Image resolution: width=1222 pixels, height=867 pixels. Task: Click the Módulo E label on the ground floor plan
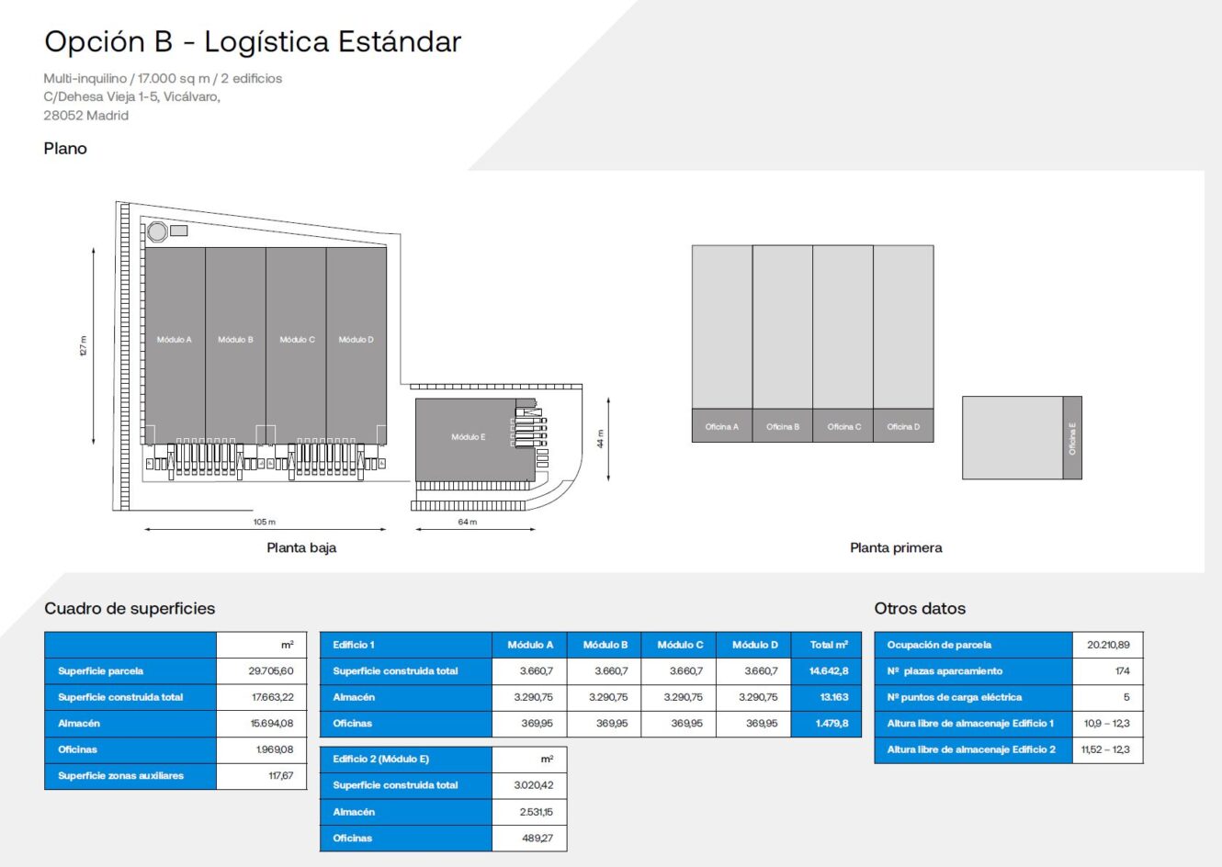point(468,437)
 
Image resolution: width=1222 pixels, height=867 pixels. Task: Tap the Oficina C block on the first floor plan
point(843,426)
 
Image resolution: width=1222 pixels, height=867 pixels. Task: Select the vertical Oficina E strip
point(1072,438)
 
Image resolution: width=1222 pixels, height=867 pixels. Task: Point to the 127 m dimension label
point(83,346)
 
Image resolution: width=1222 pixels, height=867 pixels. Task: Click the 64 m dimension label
point(468,522)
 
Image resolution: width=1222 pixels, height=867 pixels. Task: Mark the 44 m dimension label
point(600,439)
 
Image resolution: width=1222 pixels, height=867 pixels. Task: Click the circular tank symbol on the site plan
point(157,231)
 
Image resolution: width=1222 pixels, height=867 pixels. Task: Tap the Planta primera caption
point(896,547)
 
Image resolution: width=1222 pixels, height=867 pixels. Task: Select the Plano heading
point(65,149)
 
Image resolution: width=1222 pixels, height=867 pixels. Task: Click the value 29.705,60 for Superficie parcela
point(271,671)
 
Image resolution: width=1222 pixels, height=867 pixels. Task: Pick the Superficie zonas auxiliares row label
point(120,776)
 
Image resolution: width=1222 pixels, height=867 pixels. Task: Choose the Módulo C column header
point(680,645)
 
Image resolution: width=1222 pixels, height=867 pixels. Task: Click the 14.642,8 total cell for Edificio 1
point(828,671)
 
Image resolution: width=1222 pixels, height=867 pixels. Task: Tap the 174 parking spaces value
point(1122,671)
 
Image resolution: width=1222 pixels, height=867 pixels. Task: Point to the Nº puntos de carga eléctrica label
point(954,697)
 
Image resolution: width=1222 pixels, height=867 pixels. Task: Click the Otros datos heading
point(920,608)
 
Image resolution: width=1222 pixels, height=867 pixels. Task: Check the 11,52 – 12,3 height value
point(1105,749)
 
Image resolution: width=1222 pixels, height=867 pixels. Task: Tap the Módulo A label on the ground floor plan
point(175,340)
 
